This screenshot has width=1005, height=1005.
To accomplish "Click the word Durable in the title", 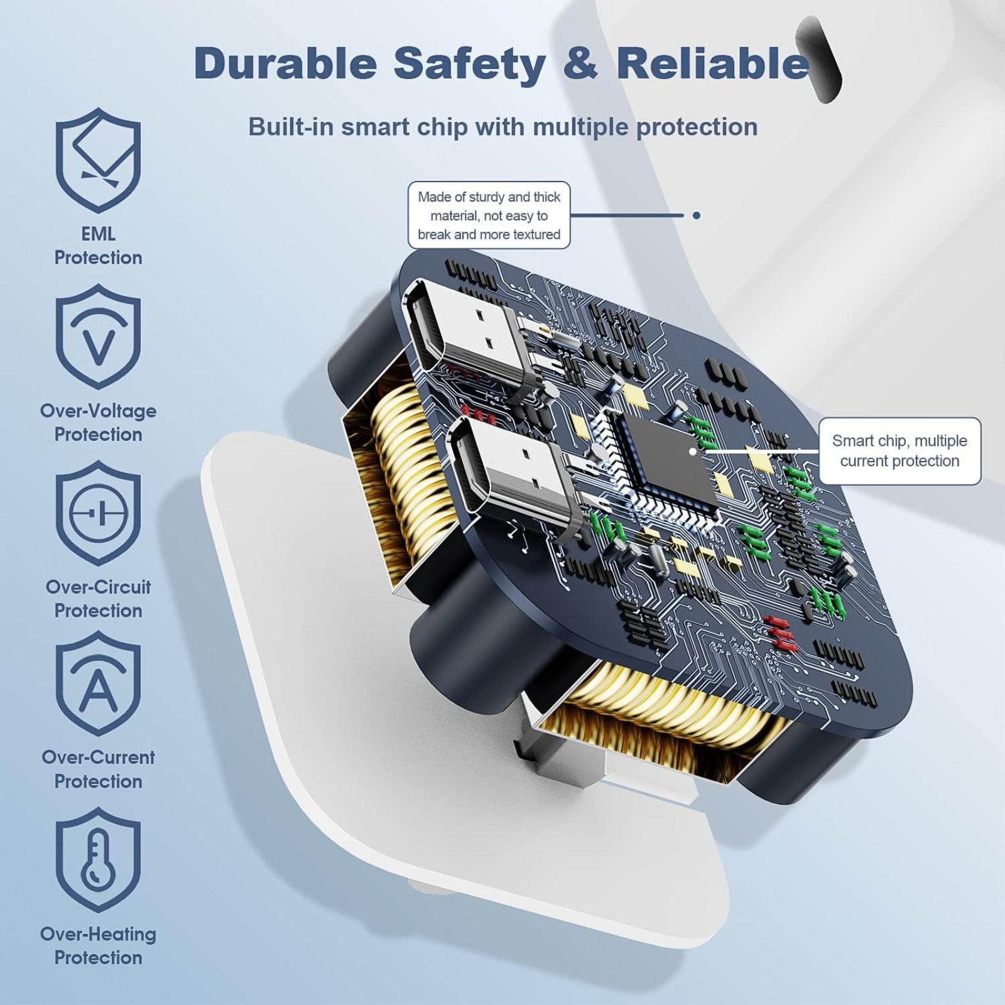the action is click(x=286, y=63).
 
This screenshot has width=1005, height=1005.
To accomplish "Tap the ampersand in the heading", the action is click(x=580, y=63).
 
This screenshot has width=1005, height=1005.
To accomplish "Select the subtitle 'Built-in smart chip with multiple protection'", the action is click(x=503, y=127).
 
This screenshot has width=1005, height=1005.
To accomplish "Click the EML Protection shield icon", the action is click(x=98, y=160).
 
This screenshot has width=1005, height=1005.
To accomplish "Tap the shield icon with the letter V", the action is click(x=98, y=337).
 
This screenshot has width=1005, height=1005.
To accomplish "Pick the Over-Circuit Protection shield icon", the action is click(x=98, y=513).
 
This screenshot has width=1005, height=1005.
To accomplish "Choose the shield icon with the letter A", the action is click(x=98, y=683).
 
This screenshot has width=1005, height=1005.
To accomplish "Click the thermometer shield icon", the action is click(x=98, y=860).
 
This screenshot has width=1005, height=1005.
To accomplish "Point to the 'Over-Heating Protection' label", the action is click(x=98, y=946).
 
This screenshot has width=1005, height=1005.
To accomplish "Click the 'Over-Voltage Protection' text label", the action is click(x=98, y=422).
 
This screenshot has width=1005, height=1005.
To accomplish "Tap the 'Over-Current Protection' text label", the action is click(x=98, y=769).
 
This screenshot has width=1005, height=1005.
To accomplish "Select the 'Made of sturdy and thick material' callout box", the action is click(x=489, y=215).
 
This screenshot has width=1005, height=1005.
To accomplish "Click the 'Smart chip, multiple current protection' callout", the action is click(x=899, y=451).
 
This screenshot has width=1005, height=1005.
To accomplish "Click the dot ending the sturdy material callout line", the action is click(x=696, y=215).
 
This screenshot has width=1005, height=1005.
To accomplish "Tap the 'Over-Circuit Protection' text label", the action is click(x=98, y=599).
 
